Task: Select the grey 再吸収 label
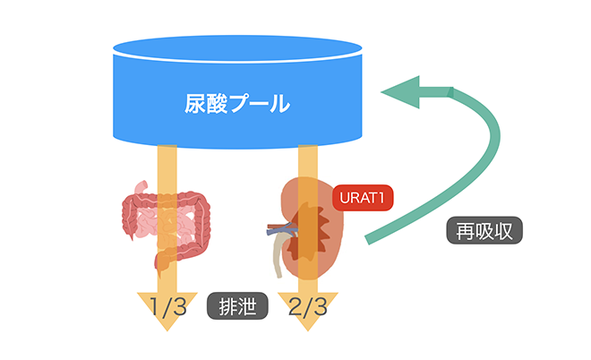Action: point(484,231)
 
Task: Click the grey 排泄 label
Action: point(238,307)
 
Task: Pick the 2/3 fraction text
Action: point(307,306)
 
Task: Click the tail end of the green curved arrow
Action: point(369,239)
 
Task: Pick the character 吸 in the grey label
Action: point(484,231)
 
